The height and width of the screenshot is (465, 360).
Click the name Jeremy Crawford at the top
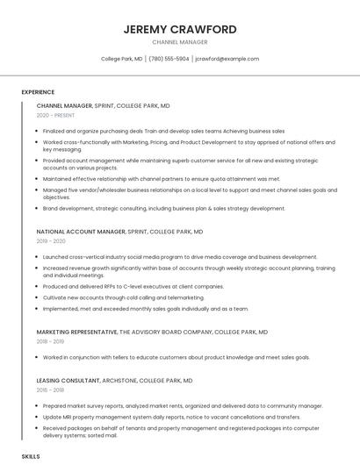click(180, 29)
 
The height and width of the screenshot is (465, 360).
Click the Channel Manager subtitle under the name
click(180, 42)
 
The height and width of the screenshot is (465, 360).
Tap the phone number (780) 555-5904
click(169, 59)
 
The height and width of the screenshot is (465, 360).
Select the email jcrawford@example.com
click(227, 59)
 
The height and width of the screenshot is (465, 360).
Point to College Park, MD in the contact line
click(122, 59)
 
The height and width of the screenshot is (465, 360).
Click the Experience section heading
click(38, 92)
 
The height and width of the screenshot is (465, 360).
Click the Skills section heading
click(31, 457)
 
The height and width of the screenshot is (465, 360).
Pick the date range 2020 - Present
click(55, 115)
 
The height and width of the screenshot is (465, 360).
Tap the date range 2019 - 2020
click(51, 241)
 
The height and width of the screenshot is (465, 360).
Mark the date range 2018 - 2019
click(51, 342)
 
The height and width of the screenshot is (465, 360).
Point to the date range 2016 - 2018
click(51, 389)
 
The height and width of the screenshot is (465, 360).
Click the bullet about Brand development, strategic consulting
click(163, 209)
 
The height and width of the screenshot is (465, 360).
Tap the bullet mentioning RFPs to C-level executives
click(133, 286)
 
